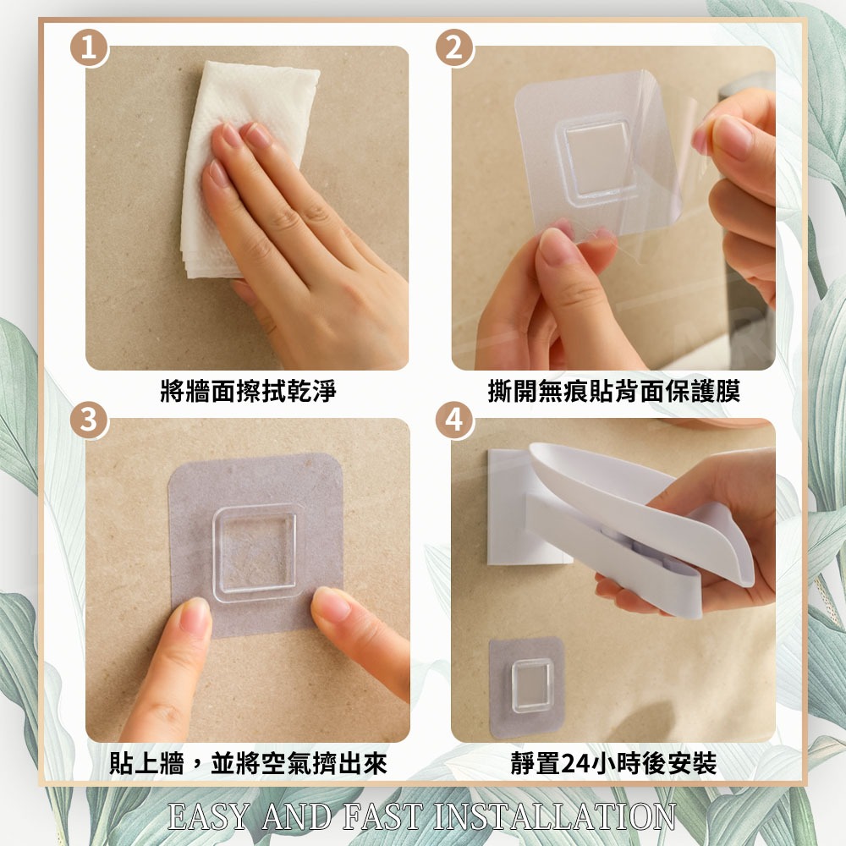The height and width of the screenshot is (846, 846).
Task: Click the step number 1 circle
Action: (90, 48)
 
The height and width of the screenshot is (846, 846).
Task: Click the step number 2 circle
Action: (455, 48)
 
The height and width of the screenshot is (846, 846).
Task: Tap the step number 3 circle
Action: (90, 420)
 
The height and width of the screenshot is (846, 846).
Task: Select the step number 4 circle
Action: (455, 420)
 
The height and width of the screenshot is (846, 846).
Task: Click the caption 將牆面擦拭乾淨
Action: (248, 391)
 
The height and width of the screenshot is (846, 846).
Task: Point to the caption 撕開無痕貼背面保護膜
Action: (613, 391)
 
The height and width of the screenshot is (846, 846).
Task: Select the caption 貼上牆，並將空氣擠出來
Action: (248, 763)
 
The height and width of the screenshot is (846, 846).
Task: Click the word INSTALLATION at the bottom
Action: (554, 816)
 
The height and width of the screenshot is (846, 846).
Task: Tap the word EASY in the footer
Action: (209, 816)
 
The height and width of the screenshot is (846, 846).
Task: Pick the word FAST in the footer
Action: (382, 816)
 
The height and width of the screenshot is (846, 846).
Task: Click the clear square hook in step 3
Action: (255, 553)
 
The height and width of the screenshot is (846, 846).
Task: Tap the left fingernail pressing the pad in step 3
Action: (195, 615)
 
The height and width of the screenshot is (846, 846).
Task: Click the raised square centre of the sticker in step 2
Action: (596, 157)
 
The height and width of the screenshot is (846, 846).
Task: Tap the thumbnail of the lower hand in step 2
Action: (555, 246)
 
